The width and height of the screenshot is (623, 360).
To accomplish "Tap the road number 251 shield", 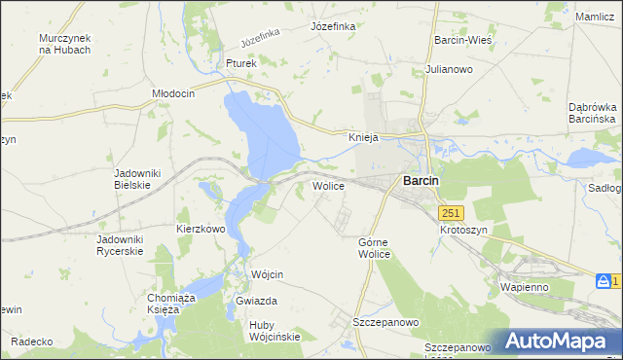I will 450,213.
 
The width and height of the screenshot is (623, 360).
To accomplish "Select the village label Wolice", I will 328,185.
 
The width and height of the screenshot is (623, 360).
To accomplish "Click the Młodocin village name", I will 174,93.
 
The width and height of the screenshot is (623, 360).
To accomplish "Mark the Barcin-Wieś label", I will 461,41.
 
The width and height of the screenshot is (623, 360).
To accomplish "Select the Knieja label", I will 363,138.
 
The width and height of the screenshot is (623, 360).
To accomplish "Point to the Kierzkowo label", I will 201,229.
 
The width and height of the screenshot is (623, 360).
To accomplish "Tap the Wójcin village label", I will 267,275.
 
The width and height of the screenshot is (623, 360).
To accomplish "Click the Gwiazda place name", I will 257,302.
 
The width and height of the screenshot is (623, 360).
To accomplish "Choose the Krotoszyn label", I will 462,230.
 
